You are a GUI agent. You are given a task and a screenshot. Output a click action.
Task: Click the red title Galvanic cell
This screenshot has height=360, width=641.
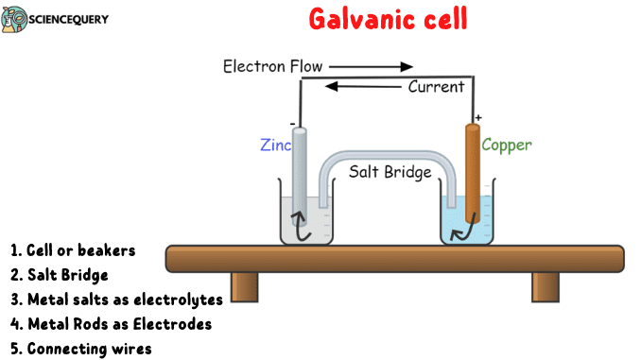click(x=389, y=20)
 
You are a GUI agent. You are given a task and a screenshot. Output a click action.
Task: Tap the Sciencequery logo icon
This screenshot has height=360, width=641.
click(x=13, y=19)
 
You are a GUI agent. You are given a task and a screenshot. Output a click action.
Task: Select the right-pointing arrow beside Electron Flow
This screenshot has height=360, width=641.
click(x=371, y=66)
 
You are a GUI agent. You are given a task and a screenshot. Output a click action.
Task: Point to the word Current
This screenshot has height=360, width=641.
click(x=436, y=87)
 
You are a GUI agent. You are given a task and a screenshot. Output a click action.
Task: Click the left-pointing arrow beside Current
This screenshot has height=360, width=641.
click(x=363, y=87)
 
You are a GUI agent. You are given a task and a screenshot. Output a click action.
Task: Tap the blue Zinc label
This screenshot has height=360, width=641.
click(x=275, y=146)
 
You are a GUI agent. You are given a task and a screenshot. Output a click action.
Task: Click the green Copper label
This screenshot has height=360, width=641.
click(x=507, y=146)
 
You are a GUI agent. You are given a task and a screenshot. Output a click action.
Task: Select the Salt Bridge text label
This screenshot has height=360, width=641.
click(x=390, y=172)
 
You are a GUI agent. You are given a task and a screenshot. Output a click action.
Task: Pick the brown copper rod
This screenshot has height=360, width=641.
click(x=473, y=170)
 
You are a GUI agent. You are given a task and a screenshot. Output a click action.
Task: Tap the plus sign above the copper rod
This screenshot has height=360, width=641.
click(x=478, y=117)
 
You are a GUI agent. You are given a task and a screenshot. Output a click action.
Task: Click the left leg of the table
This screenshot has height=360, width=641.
click(x=245, y=285)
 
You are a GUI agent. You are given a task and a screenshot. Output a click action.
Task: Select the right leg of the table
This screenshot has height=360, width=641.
click(x=545, y=285)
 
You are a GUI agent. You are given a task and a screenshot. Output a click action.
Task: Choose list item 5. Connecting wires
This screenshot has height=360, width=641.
click(x=81, y=349)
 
